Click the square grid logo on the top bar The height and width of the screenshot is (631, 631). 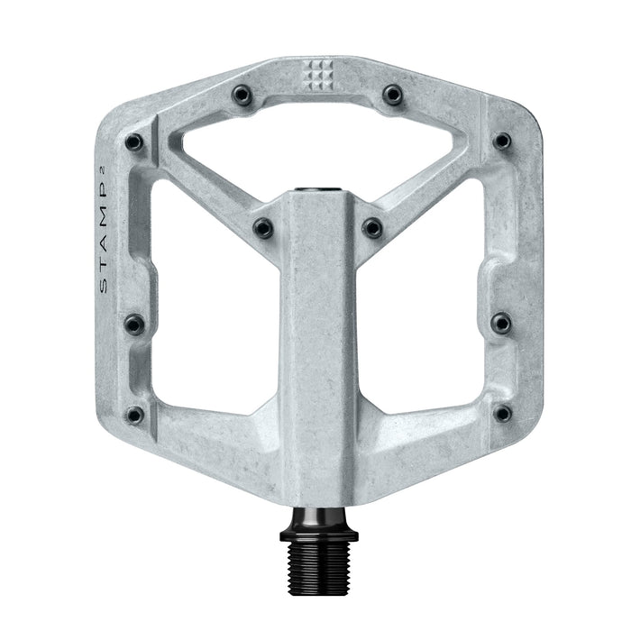click(x=315, y=76)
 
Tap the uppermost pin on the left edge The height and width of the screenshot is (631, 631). click(x=133, y=142)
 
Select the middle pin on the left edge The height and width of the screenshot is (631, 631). click(x=133, y=323)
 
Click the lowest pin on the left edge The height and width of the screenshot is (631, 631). click(x=134, y=415)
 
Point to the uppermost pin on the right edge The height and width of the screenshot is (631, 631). click(x=502, y=142)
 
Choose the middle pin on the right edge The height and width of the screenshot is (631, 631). click(x=501, y=323)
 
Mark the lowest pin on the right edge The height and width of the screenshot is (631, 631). click(x=502, y=414)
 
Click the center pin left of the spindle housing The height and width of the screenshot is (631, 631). click(x=262, y=228)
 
